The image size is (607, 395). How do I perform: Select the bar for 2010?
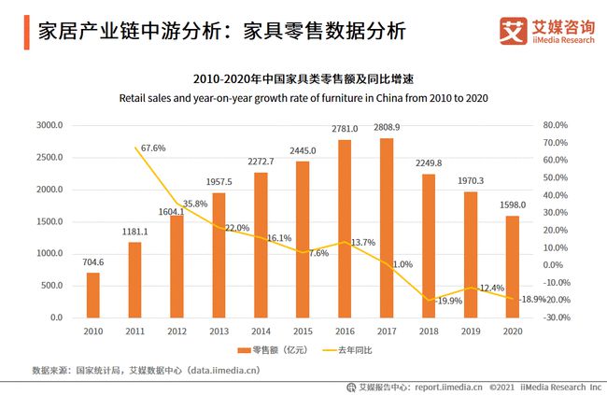point(92,295)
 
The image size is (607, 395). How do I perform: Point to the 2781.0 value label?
point(346,128)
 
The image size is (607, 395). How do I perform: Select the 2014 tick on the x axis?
point(261,331)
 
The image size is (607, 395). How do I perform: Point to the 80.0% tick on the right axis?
point(555,125)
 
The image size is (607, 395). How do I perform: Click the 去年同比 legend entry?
point(351,351)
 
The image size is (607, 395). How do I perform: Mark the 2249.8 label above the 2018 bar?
point(429,162)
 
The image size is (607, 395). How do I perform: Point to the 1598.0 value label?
point(512,205)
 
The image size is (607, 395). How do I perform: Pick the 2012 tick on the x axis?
point(176,331)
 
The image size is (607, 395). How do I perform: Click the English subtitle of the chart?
point(303,97)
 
